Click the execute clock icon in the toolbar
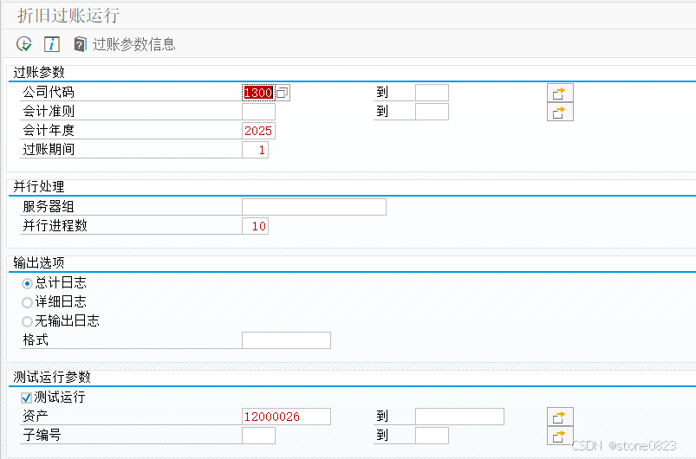(23, 44)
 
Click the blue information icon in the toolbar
(52, 44)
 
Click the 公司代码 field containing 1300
(258, 93)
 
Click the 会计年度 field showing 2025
(258, 131)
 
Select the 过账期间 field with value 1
(255, 150)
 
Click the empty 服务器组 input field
(314, 207)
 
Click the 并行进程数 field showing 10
(255, 226)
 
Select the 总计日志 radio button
(27, 283)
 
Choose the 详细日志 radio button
(27, 302)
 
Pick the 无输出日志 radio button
(27, 321)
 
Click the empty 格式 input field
(286, 340)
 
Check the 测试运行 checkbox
(27, 398)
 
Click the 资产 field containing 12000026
(286, 417)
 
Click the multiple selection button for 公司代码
(560, 93)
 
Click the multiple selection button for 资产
(560, 417)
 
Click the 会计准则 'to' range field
(432, 112)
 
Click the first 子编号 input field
(258, 436)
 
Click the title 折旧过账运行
(68, 16)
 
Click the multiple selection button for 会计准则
(560, 112)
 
